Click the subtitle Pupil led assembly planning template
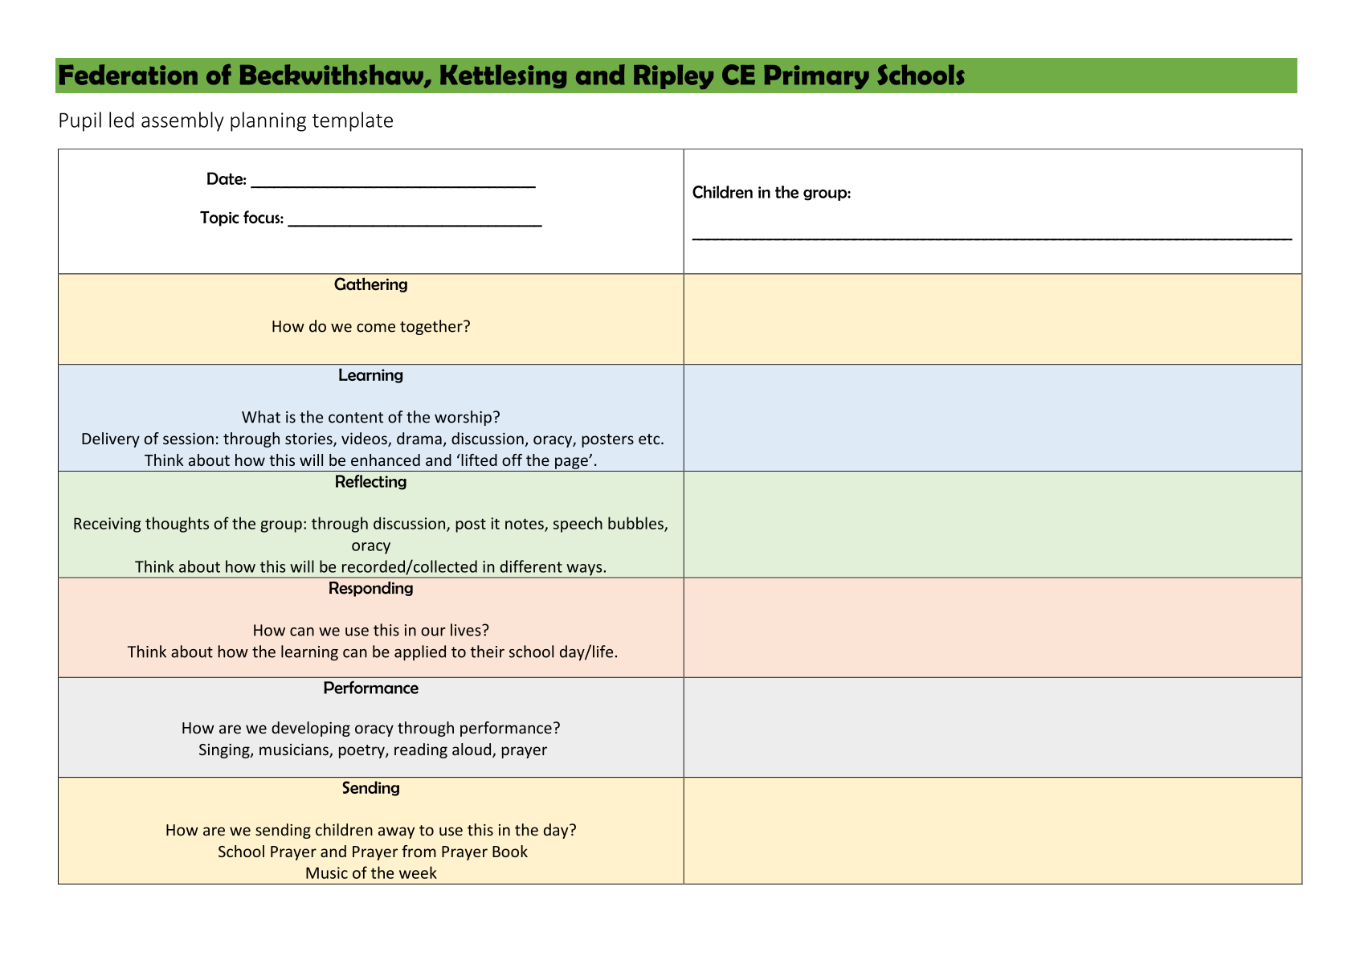pyautogui.click(x=226, y=121)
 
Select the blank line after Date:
pyautogui.click(x=393, y=182)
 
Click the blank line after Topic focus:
pyautogui.click(x=415, y=221)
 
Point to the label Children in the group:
pyautogui.click(x=770, y=193)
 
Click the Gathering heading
pyautogui.click(x=370, y=284)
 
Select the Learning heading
pyautogui.click(x=370, y=375)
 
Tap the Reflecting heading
pyautogui.click(x=370, y=482)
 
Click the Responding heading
pyautogui.click(x=370, y=588)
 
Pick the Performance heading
pyautogui.click(x=370, y=688)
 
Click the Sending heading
pyautogui.click(x=370, y=788)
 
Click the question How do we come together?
pyautogui.click(x=370, y=327)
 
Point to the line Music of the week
pyautogui.click(x=370, y=873)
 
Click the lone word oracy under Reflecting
pyautogui.click(x=370, y=545)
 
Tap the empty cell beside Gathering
pyautogui.click(x=992, y=319)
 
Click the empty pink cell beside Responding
pyautogui.click(x=992, y=627)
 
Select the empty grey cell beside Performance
pyautogui.click(x=992, y=727)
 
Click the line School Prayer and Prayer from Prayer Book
pyautogui.click(x=372, y=852)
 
